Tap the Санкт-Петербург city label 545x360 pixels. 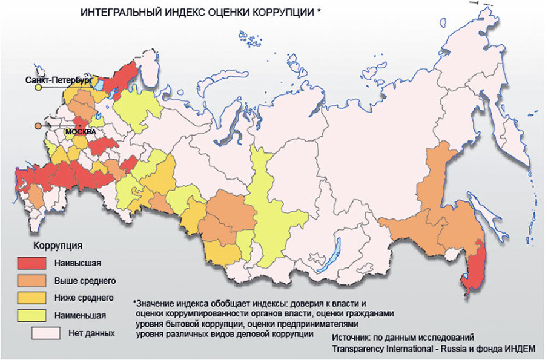(58, 80)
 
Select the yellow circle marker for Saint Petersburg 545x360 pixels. (38, 88)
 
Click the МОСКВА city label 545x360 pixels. (81, 129)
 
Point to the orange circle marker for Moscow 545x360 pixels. (38, 126)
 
